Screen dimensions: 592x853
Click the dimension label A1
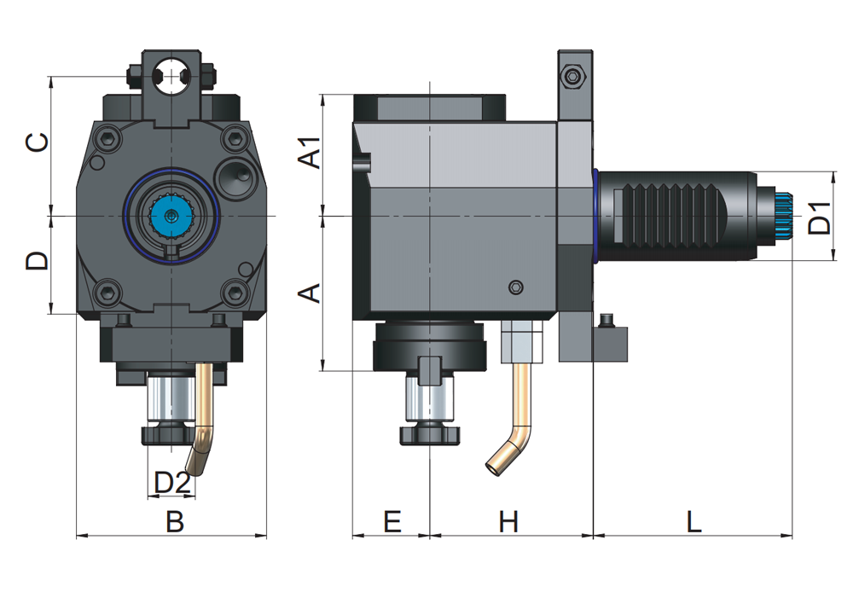click(312, 151)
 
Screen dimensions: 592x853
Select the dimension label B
click(175, 521)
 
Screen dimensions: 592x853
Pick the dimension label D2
click(171, 483)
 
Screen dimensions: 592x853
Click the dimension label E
click(392, 521)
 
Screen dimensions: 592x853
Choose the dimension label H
click(508, 521)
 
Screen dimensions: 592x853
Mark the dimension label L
click(693, 521)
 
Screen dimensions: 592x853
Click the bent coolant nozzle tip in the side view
click(494, 465)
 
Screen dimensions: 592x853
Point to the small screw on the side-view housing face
click(514, 287)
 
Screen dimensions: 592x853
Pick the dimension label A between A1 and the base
click(311, 294)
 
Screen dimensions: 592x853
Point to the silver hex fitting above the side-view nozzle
click(522, 340)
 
